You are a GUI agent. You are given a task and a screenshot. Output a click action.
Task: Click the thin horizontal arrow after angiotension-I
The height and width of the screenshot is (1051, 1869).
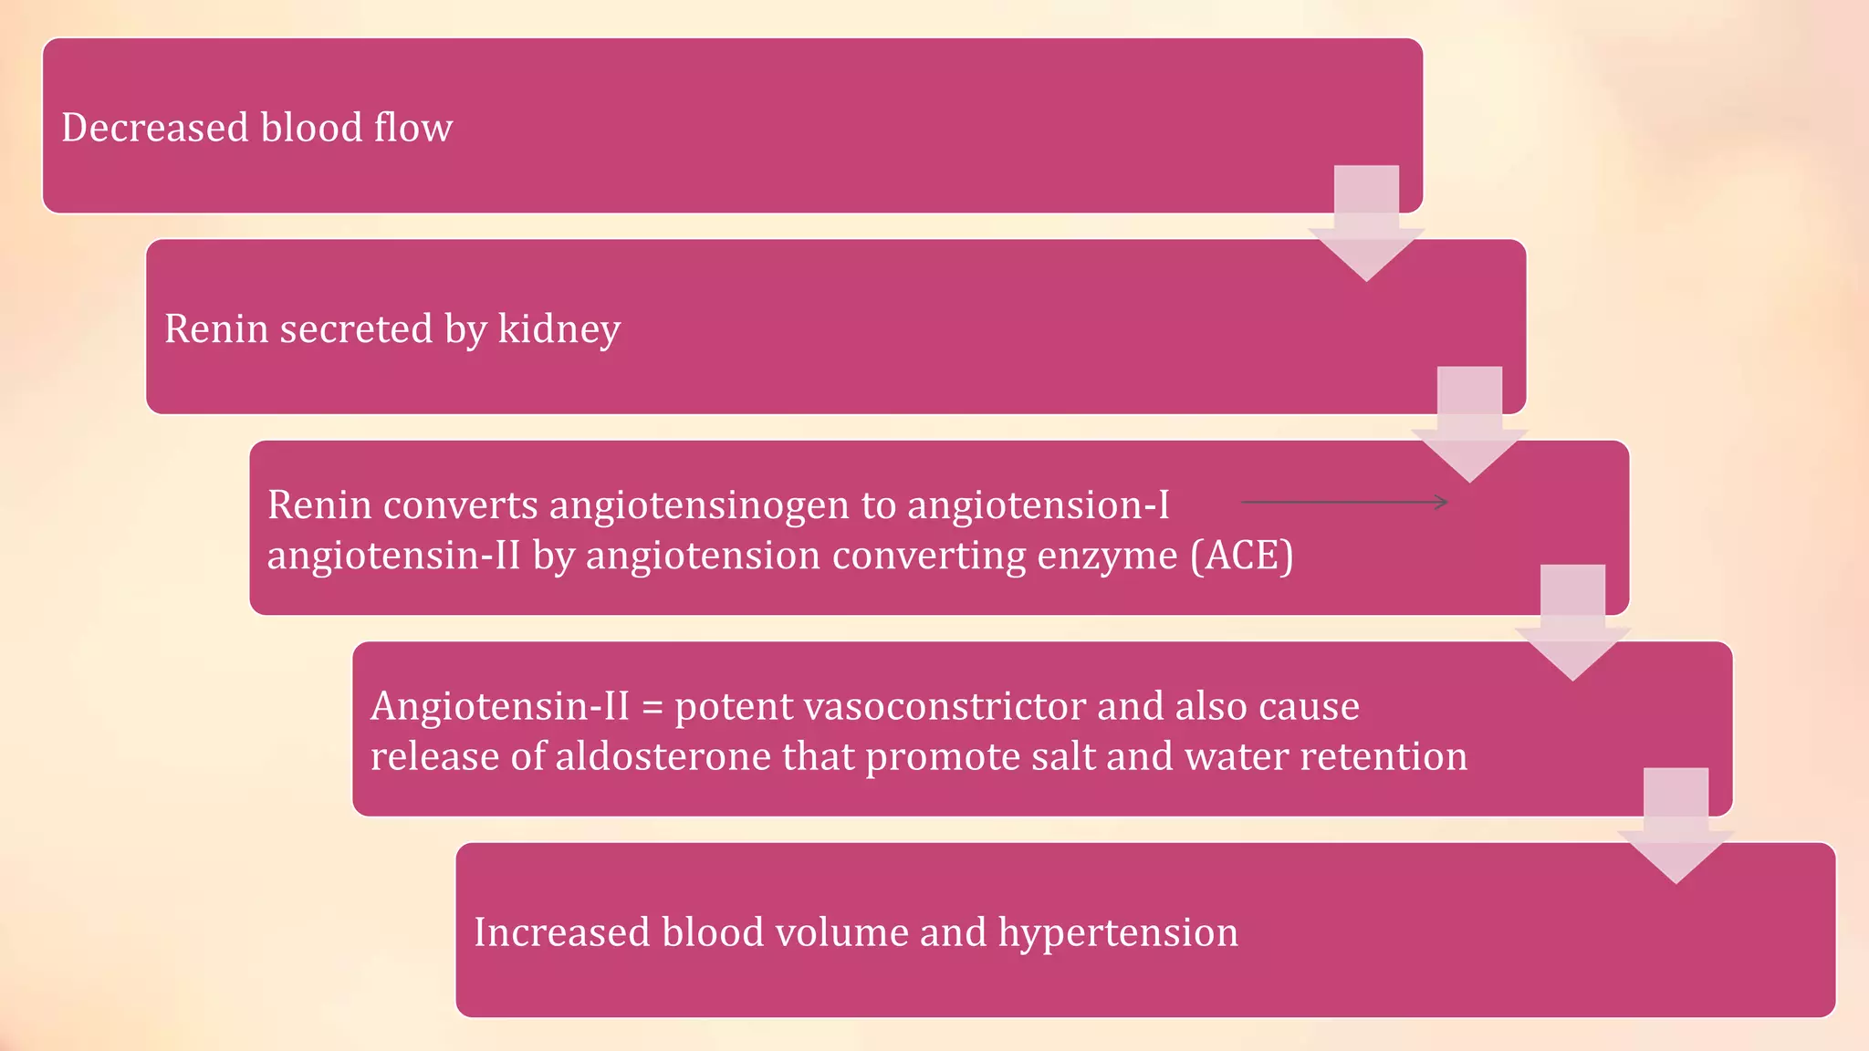[1344, 502]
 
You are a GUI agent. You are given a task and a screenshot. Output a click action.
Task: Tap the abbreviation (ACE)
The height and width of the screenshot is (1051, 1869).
[1242, 556]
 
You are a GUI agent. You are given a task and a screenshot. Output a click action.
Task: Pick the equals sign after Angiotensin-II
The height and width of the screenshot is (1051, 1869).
[652, 707]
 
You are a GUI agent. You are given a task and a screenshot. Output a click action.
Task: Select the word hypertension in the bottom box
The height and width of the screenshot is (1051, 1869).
[1118, 932]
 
